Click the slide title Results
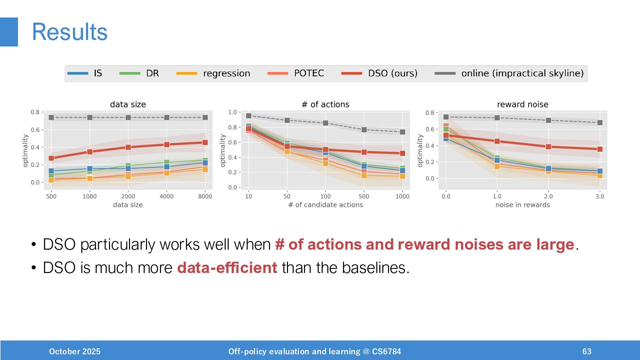70,32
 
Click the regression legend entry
213,73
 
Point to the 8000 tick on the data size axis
205,196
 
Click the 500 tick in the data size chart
51,196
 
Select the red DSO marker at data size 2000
128,147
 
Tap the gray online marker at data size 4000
167,118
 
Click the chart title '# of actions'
325,105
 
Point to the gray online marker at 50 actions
287,120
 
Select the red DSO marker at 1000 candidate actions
402,153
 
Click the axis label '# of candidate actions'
325,205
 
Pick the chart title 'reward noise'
522,105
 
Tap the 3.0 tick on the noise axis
600,196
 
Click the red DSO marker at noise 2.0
548,147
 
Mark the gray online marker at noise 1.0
497,118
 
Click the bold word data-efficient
227,268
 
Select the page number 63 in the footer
587,351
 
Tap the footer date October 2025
75,351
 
